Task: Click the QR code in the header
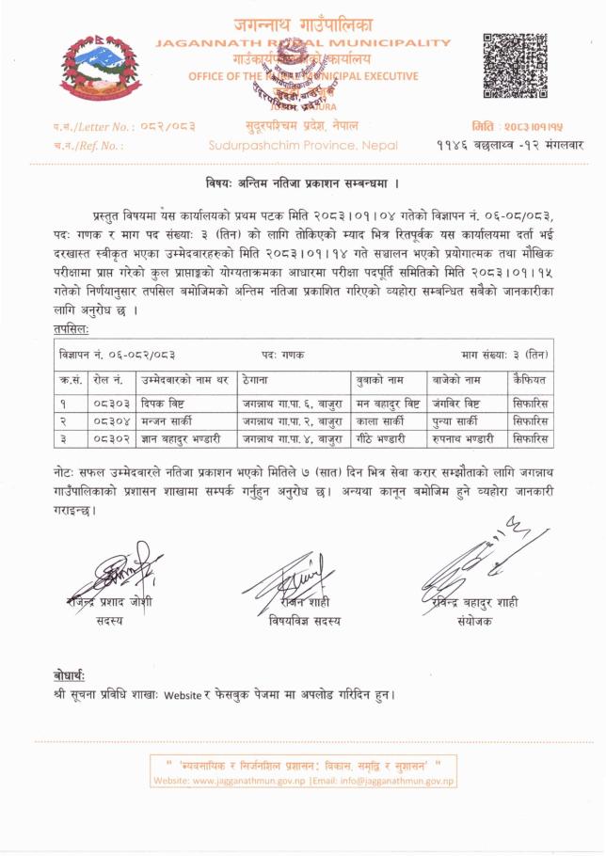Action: pyautogui.click(x=514, y=66)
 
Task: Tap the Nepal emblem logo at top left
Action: pyautogui.click(x=90, y=68)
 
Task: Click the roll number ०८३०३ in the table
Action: pyautogui.click(x=110, y=404)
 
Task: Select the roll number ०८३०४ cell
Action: pyautogui.click(x=110, y=421)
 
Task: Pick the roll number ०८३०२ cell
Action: pyautogui.click(x=110, y=438)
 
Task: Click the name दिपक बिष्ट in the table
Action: pyautogui.click(x=164, y=404)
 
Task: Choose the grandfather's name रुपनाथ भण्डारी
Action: pyautogui.click(x=464, y=438)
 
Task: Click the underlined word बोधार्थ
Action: pyautogui.click(x=71, y=676)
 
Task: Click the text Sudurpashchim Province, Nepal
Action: pyautogui.click(x=304, y=146)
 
